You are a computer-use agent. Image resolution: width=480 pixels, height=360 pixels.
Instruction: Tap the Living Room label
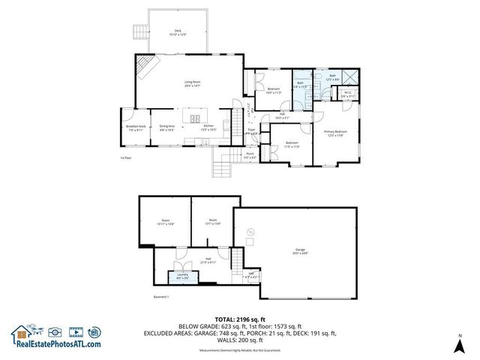[x=193, y=84]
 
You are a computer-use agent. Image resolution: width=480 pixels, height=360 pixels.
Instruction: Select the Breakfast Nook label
[x=136, y=128]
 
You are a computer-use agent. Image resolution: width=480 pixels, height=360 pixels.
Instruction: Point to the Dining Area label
[x=167, y=128]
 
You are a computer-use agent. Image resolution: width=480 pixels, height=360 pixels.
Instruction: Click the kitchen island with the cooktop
[x=197, y=118]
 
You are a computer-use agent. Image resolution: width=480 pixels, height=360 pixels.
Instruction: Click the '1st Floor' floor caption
[x=126, y=158]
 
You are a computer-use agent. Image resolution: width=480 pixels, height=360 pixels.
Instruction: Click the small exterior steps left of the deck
[x=139, y=31]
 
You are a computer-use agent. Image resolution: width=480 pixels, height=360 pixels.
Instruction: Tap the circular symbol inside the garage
[x=250, y=231]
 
